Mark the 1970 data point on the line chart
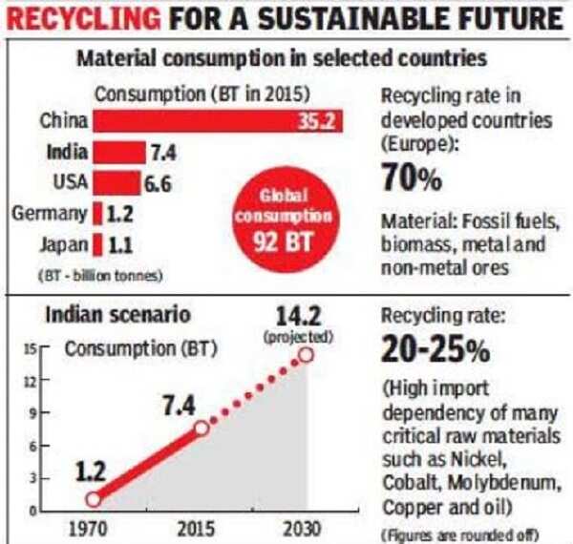tap(93, 499)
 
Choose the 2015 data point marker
tap(202, 429)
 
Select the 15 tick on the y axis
tap(31, 351)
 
